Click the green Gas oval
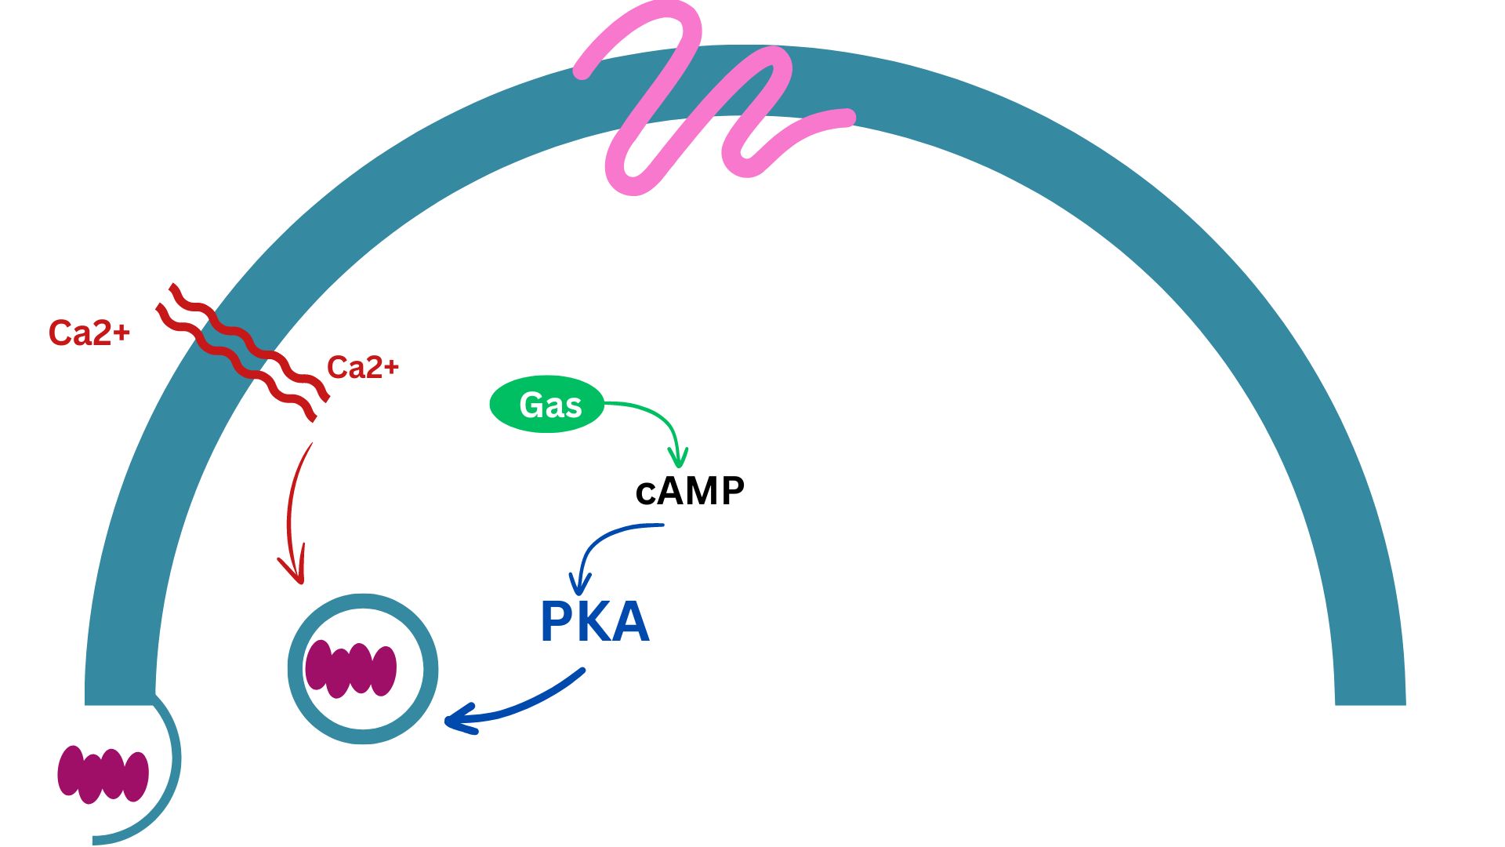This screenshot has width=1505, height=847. pos(546,404)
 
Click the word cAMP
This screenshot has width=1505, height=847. pos(690,492)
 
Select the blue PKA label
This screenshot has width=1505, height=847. pos(595,623)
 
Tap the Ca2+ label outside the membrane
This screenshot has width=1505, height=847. pos(89,333)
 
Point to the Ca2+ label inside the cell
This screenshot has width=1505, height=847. pos(362,367)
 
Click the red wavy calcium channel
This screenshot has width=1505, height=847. pos(243,353)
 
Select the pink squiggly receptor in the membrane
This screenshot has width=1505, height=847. pos(690,102)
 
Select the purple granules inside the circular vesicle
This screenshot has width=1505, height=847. pos(350,669)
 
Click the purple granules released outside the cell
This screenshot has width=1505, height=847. pos(103,774)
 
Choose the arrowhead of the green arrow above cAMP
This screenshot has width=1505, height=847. pos(678,459)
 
